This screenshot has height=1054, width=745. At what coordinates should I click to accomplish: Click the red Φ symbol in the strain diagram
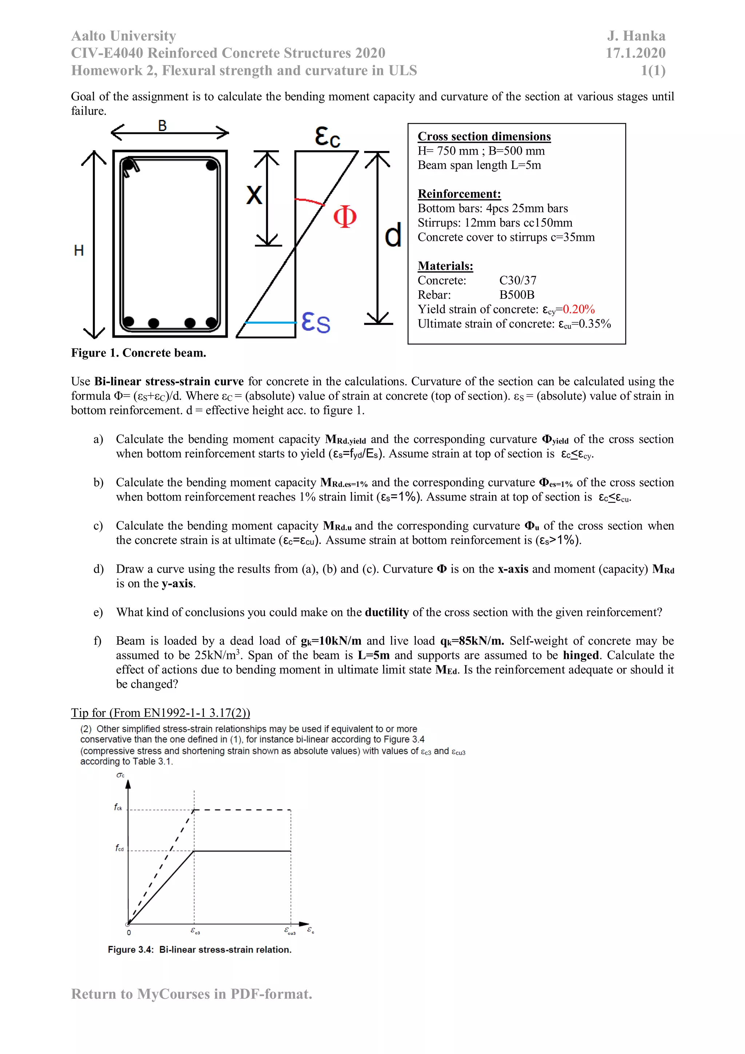point(345,217)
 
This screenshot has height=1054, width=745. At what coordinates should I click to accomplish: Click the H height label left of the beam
point(79,251)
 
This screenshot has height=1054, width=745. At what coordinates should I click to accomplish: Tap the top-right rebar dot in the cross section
point(212,165)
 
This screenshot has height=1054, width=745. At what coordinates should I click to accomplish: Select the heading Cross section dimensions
point(484,136)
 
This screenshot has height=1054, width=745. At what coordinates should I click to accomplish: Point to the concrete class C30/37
point(517,281)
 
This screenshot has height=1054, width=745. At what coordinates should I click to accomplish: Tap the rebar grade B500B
point(517,295)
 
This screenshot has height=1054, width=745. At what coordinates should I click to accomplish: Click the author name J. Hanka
point(636,36)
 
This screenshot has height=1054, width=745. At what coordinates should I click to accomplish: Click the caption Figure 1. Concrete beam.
point(139,353)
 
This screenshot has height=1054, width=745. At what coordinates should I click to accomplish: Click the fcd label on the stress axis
point(119,847)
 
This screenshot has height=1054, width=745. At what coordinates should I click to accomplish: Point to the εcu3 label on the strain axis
point(290,931)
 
